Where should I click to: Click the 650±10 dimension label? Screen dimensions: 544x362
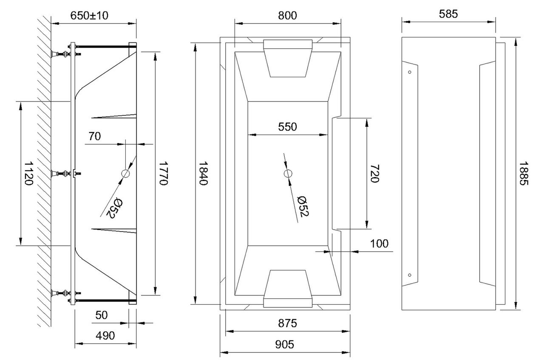pos(89,16)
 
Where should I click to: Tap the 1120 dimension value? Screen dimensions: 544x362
pos(28,174)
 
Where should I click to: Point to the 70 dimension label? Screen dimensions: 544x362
pos(94,136)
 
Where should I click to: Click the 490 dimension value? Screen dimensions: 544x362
pos(105,336)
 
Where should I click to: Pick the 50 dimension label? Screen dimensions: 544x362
pos(101,315)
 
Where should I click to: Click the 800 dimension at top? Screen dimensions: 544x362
pos(287,16)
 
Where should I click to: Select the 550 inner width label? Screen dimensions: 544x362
pos(288,127)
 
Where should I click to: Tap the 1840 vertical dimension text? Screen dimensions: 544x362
pos(203,173)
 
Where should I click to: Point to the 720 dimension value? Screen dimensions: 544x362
pos(374,174)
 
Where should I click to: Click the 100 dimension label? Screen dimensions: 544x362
pos(379,244)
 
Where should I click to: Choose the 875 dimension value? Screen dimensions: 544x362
pos(288,323)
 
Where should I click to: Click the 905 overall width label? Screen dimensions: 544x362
pos(285,345)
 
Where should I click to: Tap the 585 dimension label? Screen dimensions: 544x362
pos(448,14)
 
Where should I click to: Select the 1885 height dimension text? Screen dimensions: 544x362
pos(524,173)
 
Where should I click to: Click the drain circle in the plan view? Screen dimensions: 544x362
pos(288,174)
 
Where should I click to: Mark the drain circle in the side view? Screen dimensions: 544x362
pos(125,174)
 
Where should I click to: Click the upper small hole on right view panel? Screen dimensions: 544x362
pos(410,72)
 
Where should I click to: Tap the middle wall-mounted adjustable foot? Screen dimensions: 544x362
pos(60,174)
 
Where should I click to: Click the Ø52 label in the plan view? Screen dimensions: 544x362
pos(303,207)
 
